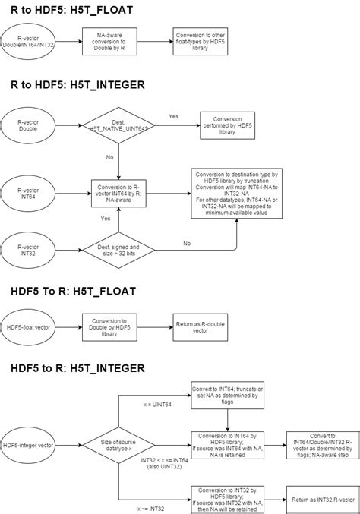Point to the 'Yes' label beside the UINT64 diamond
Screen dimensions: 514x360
point(173,116)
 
